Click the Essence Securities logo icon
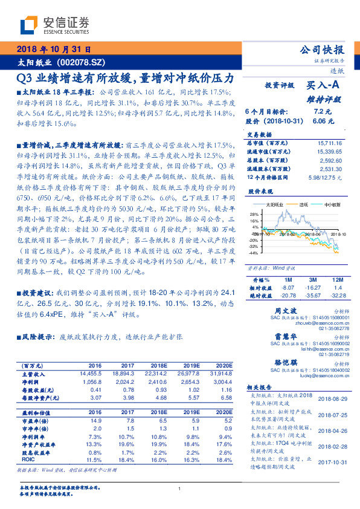[30, 25]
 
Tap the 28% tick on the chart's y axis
[254, 214]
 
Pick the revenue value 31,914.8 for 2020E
[221, 374]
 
